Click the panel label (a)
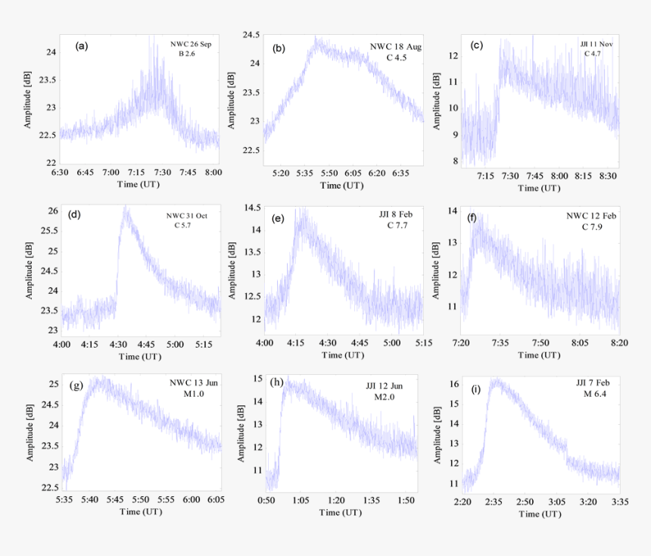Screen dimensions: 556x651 [82, 46]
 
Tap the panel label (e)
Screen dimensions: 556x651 [277, 219]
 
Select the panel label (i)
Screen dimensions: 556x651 [475, 390]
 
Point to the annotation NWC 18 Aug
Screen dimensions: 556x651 [396, 47]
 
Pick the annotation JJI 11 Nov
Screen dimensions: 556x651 [592, 45]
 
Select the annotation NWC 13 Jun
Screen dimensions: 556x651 [195, 383]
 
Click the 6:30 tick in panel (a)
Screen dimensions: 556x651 [60, 173]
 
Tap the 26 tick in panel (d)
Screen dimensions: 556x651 [51, 210]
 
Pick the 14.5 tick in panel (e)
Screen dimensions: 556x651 [253, 208]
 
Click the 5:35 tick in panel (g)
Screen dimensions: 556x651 [64, 501]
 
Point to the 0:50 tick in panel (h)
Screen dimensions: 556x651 [265, 501]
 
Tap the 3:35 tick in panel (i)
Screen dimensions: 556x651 [619, 501]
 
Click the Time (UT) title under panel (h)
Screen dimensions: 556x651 [341, 512]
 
